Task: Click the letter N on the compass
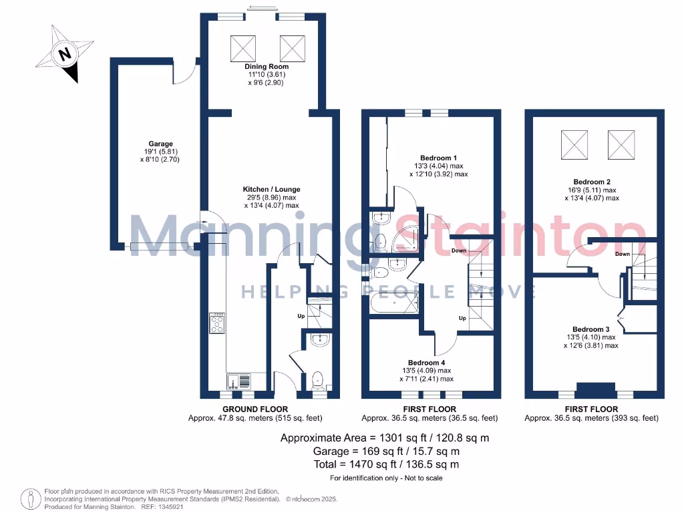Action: click(65, 54)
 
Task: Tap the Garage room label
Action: click(160, 144)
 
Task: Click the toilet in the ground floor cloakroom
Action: click(319, 379)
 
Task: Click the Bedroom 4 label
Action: click(429, 362)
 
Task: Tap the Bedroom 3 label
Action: click(591, 329)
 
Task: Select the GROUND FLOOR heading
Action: click(255, 409)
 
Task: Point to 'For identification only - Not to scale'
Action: click(386, 478)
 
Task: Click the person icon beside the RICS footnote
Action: click(29, 498)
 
